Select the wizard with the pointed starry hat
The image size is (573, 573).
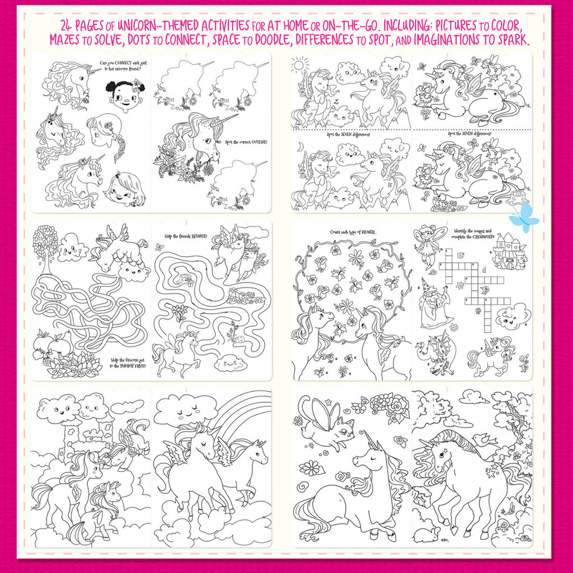click(434, 304)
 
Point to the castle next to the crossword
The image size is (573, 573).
click(509, 252)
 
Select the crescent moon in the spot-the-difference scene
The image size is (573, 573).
click(299, 145)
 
